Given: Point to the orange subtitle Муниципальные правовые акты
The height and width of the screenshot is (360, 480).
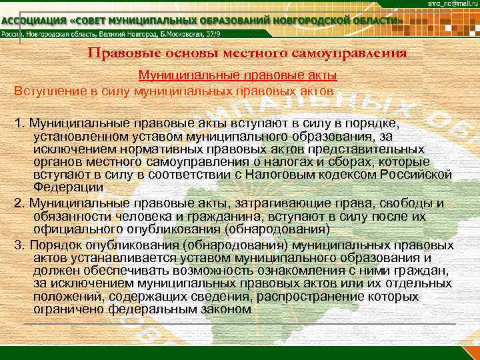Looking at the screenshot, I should click(237, 75).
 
